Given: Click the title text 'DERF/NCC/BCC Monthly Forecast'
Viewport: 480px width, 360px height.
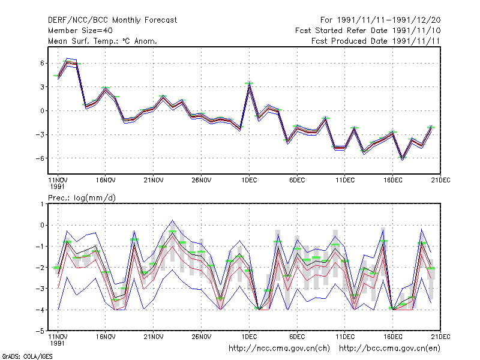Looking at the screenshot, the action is [x=112, y=20].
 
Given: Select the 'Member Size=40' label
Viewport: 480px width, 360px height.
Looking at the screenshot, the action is [x=80, y=31].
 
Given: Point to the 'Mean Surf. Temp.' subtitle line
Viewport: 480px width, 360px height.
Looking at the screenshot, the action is [x=103, y=41].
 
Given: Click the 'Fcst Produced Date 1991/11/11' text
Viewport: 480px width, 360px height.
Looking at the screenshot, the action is [x=376, y=41].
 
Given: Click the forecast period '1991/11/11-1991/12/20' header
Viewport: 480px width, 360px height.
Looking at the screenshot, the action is [x=389, y=20].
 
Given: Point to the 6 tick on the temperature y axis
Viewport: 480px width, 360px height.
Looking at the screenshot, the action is [x=42, y=63].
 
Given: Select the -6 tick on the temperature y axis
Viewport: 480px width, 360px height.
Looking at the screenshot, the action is [x=40, y=158].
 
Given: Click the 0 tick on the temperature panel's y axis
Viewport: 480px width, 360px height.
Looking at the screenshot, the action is [x=42, y=111].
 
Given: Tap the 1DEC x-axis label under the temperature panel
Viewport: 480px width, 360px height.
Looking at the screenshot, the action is [x=249, y=180].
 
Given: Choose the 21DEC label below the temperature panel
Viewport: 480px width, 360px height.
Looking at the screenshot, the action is [x=440, y=180].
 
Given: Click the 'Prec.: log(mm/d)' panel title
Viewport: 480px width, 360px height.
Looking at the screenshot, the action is [x=82, y=198].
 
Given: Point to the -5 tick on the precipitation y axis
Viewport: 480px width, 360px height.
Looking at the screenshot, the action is [x=40, y=331].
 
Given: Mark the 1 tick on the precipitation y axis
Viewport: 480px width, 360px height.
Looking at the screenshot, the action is [x=42, y=204].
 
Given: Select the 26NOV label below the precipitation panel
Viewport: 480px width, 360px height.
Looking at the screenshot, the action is [x=202, y=337].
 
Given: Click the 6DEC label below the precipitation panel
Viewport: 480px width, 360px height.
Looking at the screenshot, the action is [x=297, y=337].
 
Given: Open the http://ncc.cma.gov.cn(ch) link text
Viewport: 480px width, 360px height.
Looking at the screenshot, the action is [x=279, y=349].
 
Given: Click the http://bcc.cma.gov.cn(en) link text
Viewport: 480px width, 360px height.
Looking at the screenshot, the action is [x=389, y=349].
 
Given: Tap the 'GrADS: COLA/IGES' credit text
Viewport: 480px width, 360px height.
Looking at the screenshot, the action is [x=27, y=356].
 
